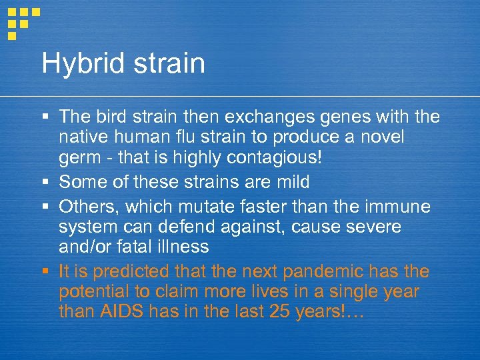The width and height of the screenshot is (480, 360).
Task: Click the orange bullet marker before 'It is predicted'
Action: (x=45, y=272)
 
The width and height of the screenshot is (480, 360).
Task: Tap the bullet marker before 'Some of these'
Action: (x=45, y=181)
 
